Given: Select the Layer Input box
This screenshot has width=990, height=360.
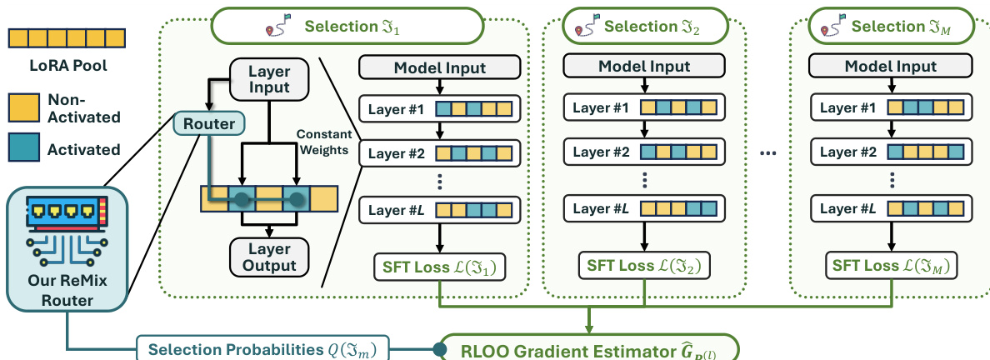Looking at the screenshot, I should [269, 79].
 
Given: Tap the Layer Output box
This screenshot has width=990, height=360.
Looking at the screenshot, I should [269, 257].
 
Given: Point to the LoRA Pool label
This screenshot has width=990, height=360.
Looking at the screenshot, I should [67, 64].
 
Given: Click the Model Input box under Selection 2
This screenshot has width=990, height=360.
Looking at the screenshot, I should [644, 67].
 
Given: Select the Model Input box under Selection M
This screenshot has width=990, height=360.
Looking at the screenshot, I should [891, 67].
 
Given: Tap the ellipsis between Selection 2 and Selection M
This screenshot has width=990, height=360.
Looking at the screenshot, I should [767, 153].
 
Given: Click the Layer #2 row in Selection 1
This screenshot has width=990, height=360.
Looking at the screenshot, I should [440, 153].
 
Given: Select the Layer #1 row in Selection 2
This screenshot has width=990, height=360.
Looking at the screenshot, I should [644, 108].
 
